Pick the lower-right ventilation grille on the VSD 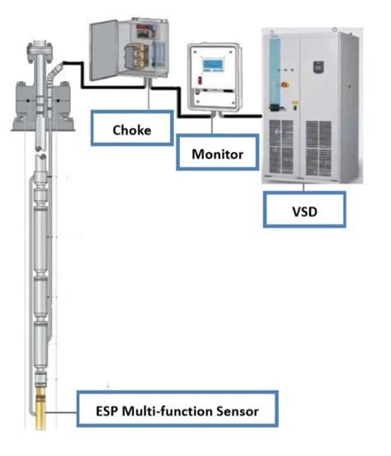pyautogui.click(x=333, y=149)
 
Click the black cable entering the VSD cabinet pyautogui.click(x=247, y=118)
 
